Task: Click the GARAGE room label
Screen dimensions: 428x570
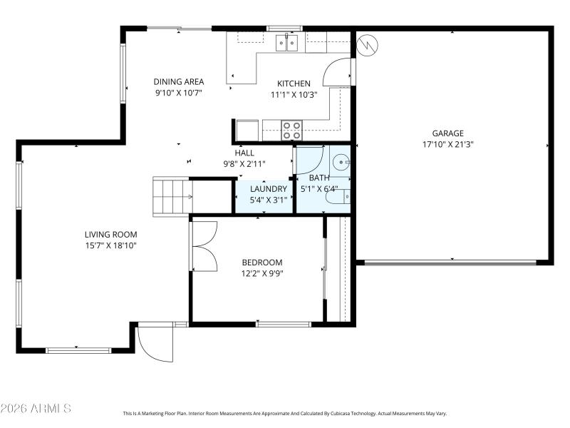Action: [x=447, y=133]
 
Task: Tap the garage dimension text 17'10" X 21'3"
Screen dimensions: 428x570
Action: [x=447, y=143]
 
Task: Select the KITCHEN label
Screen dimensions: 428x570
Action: [x=294, y=83]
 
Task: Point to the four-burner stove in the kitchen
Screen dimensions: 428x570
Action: [x=291, y=130]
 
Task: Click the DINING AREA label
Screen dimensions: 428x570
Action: [x=179, y=82]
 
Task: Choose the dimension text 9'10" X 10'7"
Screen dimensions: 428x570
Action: [x=179, y=93]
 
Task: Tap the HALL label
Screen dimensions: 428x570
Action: [x=244, y=153]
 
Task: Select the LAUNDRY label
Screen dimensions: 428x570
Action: [x=269, y=189]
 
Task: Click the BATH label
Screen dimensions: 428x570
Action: [x=318, y=178]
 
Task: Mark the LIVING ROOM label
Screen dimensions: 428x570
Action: [x=110, y=234]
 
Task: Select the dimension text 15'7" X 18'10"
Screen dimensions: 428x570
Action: [x=110, y=245]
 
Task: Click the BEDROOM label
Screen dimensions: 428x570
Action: [x=261, y=262]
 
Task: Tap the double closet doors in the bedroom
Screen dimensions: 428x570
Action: [x=204, y=246]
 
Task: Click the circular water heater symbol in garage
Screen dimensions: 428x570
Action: [x=368, y=45]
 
